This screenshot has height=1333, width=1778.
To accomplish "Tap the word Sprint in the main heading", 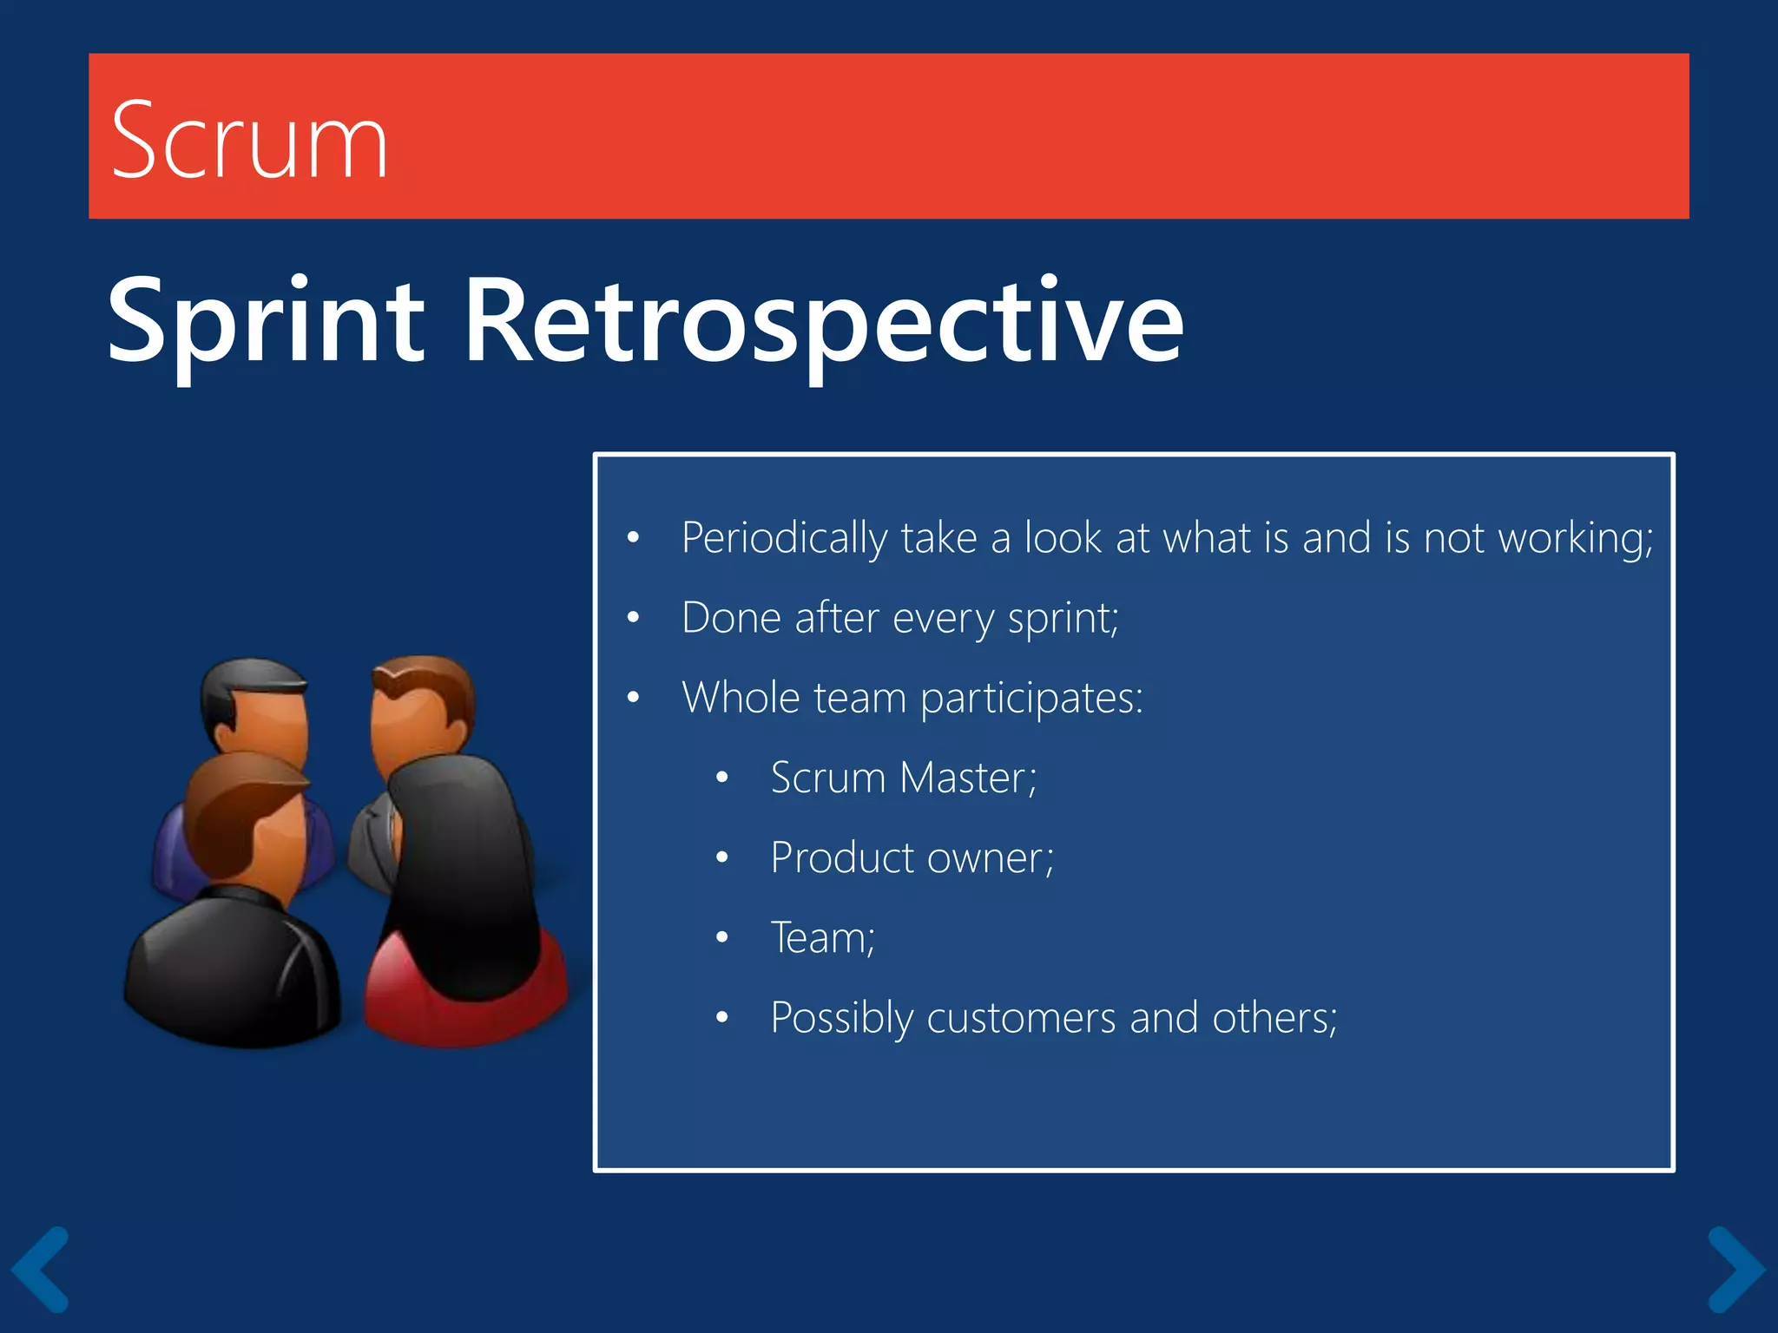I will (x=266, y=321).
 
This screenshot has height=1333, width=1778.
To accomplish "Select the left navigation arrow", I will (x=39, y=1269).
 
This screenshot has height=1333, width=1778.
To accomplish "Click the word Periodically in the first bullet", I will (x=783, y=538).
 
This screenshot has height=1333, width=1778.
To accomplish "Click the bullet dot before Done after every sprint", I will (x=634, y=618).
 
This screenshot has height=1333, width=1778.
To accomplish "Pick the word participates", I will (x=1031, y=699).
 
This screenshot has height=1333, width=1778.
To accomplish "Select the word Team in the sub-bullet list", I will (x=821, y=938).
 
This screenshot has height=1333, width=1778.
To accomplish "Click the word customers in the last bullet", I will (x=1020, y=1018).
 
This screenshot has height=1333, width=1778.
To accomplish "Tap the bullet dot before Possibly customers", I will (x=722, y=1018).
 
